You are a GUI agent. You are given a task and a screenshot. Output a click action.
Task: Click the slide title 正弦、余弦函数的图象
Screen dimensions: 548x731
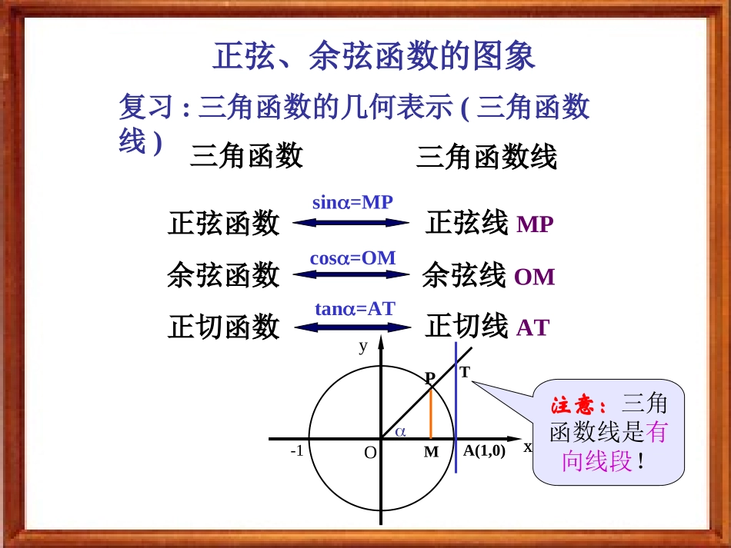point(373,56)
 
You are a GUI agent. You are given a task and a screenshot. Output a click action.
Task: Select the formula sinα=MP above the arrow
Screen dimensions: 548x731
point(352,203)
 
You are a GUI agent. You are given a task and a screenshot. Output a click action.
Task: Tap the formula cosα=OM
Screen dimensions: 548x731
point(352,258)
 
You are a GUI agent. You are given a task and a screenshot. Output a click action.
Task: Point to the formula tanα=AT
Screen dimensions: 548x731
point(354,309)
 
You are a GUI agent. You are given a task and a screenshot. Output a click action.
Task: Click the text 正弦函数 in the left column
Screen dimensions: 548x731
point(224,224)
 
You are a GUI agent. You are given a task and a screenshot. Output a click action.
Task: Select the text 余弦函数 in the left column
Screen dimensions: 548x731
point(223,274)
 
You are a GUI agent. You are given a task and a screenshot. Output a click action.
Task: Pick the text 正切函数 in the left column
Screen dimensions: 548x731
point(224,327)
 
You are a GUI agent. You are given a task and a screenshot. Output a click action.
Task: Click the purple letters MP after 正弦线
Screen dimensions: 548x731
point(535,225)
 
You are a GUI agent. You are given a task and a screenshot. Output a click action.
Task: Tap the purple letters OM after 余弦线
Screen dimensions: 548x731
point(534,277)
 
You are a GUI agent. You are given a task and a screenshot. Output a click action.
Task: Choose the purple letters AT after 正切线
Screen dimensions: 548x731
point(532,328)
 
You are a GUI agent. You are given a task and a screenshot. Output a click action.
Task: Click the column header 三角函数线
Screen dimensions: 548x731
point(486,158)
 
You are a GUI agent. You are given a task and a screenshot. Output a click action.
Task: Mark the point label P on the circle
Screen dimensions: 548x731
point(430,377)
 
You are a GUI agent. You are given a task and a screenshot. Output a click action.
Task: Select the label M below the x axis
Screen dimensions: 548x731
point(431,452)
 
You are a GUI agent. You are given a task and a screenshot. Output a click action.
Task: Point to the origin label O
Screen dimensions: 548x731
point(370,453)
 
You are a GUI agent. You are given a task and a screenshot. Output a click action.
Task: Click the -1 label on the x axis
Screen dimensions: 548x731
point(297,451)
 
